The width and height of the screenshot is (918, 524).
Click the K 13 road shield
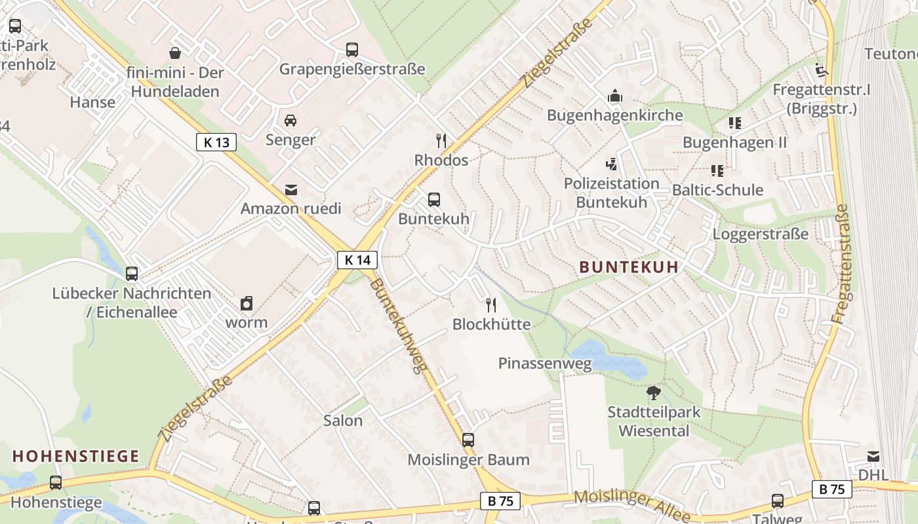click(216, 142)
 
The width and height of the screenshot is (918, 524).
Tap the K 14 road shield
click(357, 260)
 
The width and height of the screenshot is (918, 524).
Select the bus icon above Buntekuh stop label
click(433, 200)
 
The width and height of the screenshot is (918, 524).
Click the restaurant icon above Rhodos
click(441, 140)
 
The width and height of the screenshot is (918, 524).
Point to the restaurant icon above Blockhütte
click(490, 305)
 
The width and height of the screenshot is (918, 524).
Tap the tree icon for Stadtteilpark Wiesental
click(653, 393)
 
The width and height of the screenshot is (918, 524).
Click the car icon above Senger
click(290, 121)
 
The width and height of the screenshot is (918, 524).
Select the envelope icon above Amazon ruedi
click(291, 190)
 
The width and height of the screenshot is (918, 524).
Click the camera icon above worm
click(247, 303)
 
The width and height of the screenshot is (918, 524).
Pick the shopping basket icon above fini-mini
click(175, 52)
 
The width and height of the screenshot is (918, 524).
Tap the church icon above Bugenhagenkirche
click(614, 96)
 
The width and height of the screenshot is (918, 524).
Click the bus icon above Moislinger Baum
click(468, 440)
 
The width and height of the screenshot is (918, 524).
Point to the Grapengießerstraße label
click(352, 69)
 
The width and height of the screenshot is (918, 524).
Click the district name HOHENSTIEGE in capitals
click(76, 456)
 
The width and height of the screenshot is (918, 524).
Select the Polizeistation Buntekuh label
click(611, 193)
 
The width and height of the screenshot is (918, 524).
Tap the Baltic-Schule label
click(717, 190)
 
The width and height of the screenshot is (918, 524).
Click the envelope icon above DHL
click(873, 457)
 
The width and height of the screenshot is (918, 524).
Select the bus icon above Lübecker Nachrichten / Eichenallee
click(132, 274)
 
